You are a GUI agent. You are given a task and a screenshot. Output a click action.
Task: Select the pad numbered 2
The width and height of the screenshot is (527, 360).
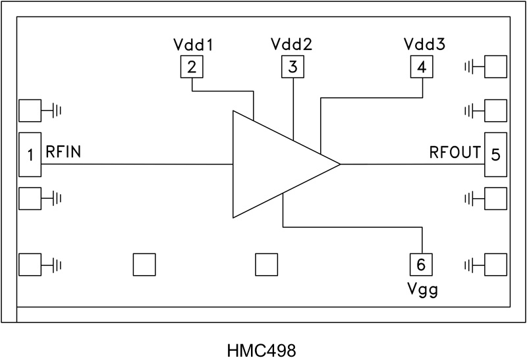click(192, 66)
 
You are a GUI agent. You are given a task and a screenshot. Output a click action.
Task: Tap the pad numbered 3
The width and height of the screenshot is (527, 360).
click(293, 66)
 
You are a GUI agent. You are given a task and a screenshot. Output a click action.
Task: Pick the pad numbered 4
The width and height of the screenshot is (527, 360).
click(422, 66)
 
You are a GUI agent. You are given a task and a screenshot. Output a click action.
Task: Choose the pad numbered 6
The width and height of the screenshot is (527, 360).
click(422, 264)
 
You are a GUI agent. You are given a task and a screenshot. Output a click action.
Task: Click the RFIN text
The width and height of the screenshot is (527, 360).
click(63, 153)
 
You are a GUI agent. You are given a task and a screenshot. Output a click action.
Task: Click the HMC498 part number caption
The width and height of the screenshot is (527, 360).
click(263, 347)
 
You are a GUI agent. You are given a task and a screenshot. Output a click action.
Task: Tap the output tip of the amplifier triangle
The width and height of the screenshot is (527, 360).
click(338, 164)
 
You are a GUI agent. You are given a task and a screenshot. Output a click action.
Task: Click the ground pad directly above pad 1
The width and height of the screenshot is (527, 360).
click(30, 111)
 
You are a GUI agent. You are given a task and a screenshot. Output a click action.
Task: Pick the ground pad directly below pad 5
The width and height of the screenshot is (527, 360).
click(496, 197)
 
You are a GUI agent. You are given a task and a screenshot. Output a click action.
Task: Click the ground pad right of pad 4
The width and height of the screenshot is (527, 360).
click(496, 66)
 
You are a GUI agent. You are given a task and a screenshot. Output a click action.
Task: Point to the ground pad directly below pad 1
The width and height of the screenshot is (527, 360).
click(30, 197)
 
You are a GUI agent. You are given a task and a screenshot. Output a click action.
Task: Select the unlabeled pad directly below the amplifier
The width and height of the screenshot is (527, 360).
click(267, 264)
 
